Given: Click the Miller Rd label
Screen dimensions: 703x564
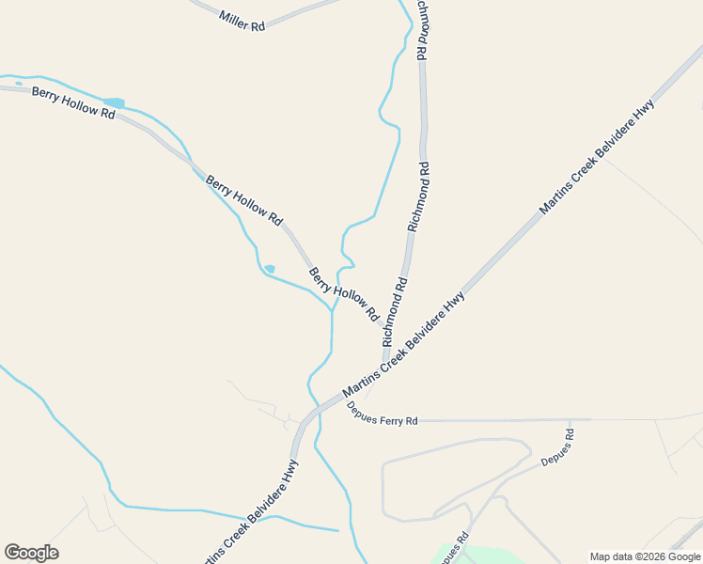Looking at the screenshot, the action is pyautogui.click(x=242, y=22).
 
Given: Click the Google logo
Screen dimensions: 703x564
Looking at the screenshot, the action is pyautogui.click(x=31, y=553).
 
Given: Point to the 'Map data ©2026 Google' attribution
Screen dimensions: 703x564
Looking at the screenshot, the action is pyautogui.click(x=645, y=556).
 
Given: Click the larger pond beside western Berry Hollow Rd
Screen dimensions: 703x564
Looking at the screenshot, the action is pyautogui.click(x=114, y=102).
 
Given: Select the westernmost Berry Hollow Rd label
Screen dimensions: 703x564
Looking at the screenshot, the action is pyautogui.click(x=72, y=102).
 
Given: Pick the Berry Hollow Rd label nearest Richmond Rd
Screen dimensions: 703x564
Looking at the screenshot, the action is pyautogui.click(x=343, y=292).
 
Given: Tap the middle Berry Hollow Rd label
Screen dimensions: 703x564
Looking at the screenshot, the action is pyautogui.click(x=243, y=200).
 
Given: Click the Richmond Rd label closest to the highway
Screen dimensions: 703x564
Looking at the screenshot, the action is pyautogui.click(x=395, y=310).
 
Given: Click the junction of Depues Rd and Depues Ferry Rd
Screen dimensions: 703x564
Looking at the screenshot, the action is pyautogui.click(x=570, y=419).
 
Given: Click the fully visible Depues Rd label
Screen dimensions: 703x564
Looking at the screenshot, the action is pyautogui.click(x=557, y=447).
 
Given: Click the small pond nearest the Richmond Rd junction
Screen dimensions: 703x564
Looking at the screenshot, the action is pyautogui.click(x=270, y=269).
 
